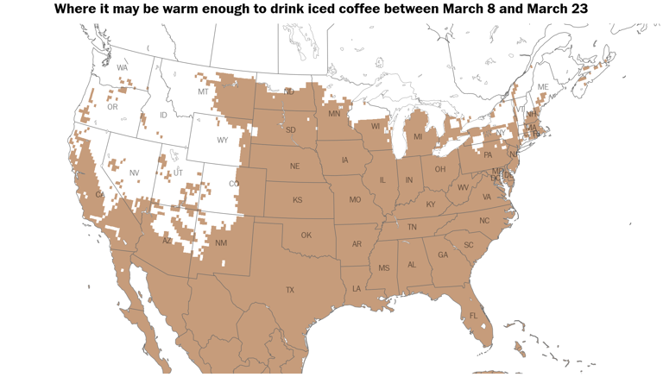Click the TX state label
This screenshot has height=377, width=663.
pyautogui.click(x=290, y=290)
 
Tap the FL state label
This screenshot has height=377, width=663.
pyautogui.click(x=473, y=317)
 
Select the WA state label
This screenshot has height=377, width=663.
pyautogui.click(x=122, y=67)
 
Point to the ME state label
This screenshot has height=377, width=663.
pyautogui.click(x=543, y=87)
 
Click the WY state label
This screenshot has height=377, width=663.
pyautogui.click(x=222, y=141)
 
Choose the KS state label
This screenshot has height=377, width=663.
pyautogui.click(x=297, y=200)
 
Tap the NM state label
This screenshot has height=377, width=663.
pyautogui.click(x=221, y=243)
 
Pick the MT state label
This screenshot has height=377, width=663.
pyautogui.click(x=203, y=91)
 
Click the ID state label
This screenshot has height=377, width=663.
pyautogui.click(x=163, y=115)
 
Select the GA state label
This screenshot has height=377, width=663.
pyautogui.click(x=443, y=254)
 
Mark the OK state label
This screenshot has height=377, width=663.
pyautogui.click(x=306, y=235)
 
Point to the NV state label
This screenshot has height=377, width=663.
pyautogui.click(x=134, y=173)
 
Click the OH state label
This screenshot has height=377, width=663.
pyautogui.click(x=439, y=169)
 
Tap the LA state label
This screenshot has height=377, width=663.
pyautogui.click(x=356, y=289)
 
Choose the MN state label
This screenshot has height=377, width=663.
pyautogui.click(x=334, y=113)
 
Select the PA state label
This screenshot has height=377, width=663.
pyautogui.click(x=488, y=155)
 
